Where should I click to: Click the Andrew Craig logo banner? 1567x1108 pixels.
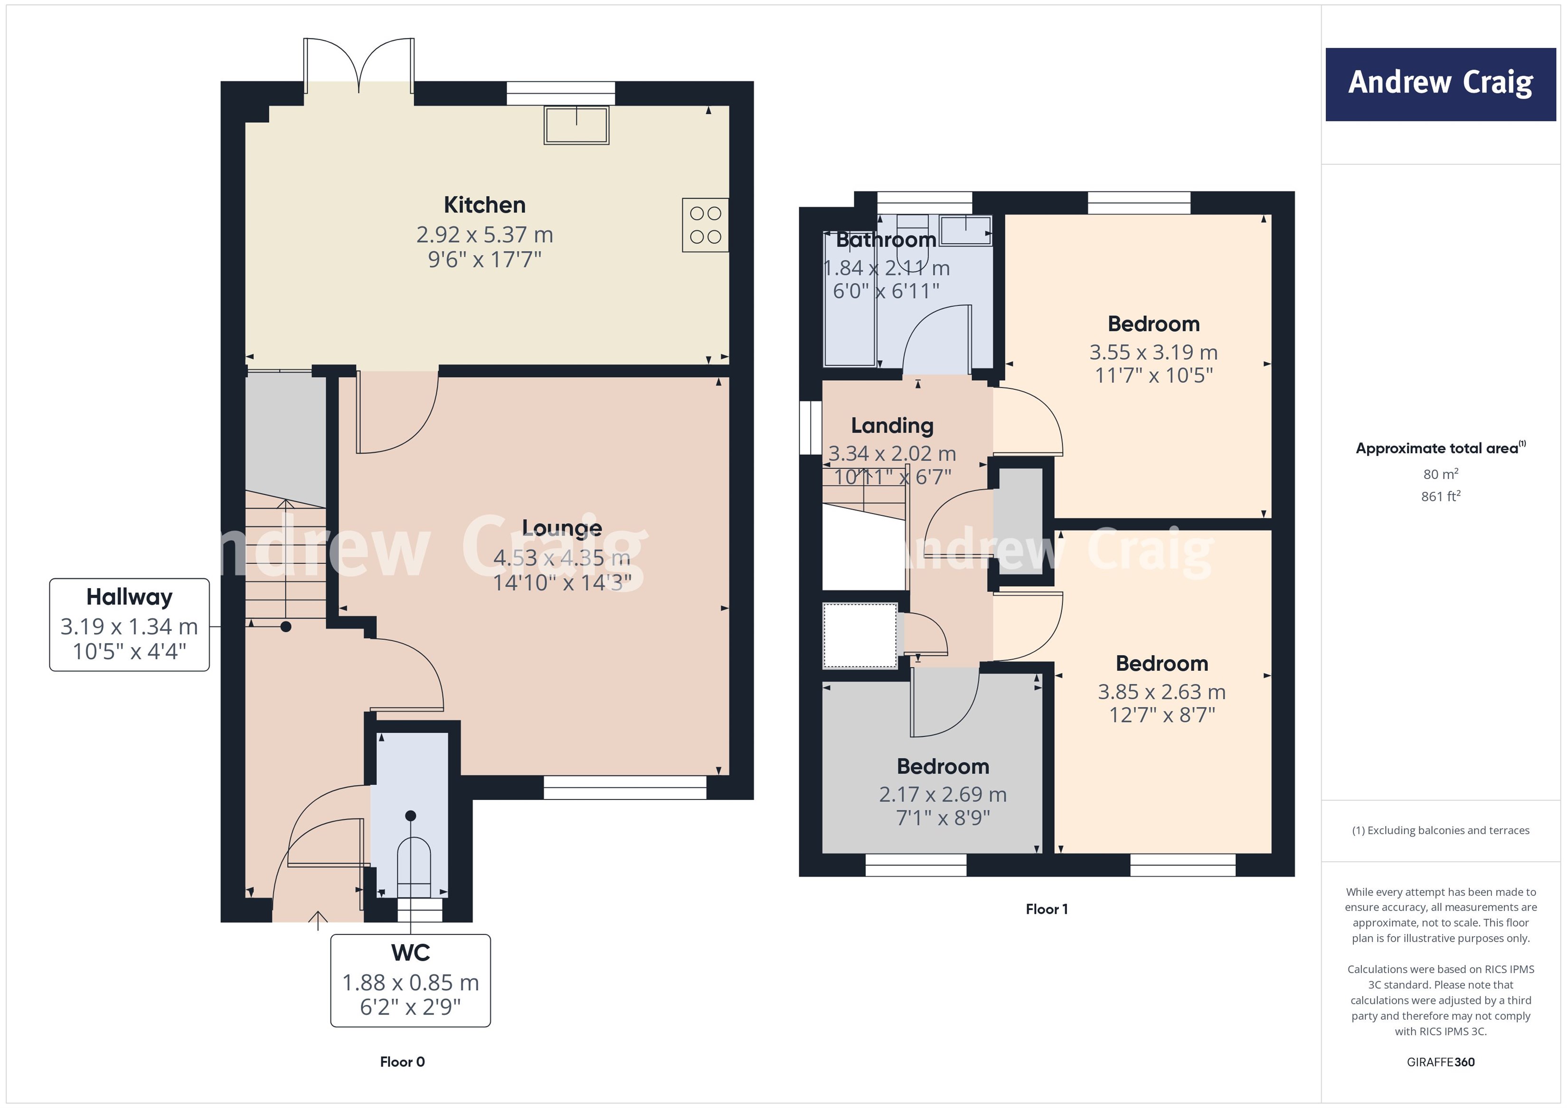click(1440, 84)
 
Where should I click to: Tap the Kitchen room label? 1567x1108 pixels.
click(484, 205)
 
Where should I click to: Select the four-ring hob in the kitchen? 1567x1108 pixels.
click(705, 225)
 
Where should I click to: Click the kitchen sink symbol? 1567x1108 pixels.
click(576, 125)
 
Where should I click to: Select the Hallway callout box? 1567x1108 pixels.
click(129, 624)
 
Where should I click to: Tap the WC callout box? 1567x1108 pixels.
click(410, 980)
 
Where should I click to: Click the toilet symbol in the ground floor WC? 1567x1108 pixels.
click(414, 866)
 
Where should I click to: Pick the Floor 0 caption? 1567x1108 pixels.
click(402, 1061)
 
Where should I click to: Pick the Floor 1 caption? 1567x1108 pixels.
click(1046, 909)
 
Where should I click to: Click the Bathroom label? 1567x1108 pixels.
click(886, 240)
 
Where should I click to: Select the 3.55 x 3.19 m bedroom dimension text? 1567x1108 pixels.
click(1153, 352)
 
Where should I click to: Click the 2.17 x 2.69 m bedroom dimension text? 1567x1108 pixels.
click(943, 794)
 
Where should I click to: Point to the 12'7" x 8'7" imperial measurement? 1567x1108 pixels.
click(1161, 715)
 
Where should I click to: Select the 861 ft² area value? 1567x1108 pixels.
click(1440, 497)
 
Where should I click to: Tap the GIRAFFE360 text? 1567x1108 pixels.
click(1440, 1062)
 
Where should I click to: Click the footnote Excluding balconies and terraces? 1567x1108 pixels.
click(1440, 830)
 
